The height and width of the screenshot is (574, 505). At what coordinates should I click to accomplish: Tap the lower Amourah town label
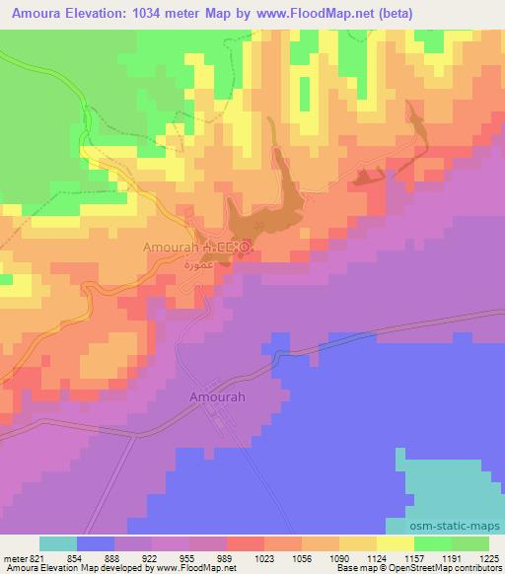click(x=214, y=397)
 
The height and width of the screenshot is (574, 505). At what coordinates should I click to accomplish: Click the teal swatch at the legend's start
click(x=58, y=543)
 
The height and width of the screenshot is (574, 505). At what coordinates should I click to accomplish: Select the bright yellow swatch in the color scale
click(x=396, y=543)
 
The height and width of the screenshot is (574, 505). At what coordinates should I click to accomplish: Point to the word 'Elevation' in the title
click(x=94, y=14)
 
